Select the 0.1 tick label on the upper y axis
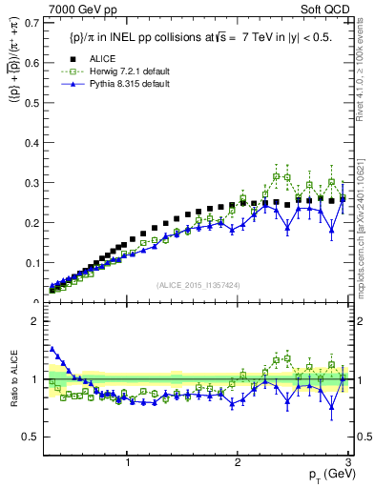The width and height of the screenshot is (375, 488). pos(34,262)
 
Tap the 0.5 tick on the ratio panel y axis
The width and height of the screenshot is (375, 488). pos(34,437)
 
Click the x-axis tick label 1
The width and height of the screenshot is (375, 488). pos(128,460)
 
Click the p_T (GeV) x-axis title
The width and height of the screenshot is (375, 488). pos(326,475)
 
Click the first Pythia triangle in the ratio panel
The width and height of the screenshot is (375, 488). pos(52,349)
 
